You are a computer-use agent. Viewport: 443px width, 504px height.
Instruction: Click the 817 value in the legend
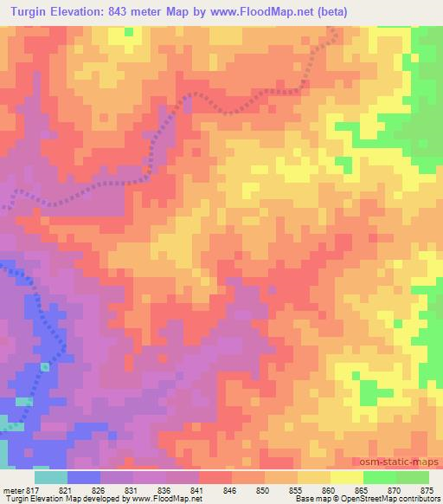pyautogui.click(x=34, y=489)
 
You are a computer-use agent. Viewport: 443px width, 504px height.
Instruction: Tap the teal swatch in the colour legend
pyautogui.click(x=50, y=477)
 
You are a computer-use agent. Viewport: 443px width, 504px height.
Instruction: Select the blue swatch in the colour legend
pyautogui.click(x=84, y=477)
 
